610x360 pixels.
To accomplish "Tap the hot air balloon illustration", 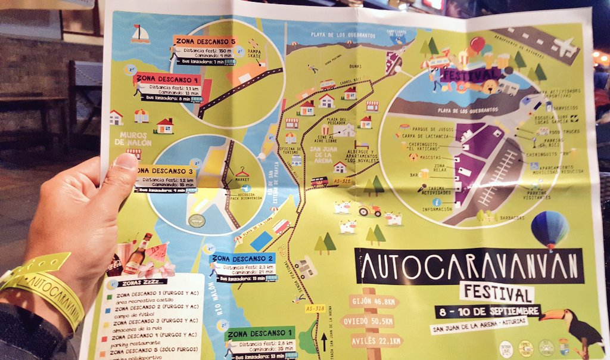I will pyautogui.click(x=549, y=229).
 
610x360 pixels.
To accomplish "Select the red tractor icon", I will pyautogui.click(x=369, y=210).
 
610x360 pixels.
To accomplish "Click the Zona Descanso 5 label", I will pyautogui.click(x=205, y=41).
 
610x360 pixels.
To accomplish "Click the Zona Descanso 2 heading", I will pyautogui.click(x=242, y=258).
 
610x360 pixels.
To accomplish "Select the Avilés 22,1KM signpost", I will pyautogui.click(x=375, y=341).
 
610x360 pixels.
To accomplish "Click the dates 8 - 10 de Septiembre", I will pyautogui.click(x=487, y=311).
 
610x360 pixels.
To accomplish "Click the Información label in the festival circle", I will pyautogui.click(x=437, y=209).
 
